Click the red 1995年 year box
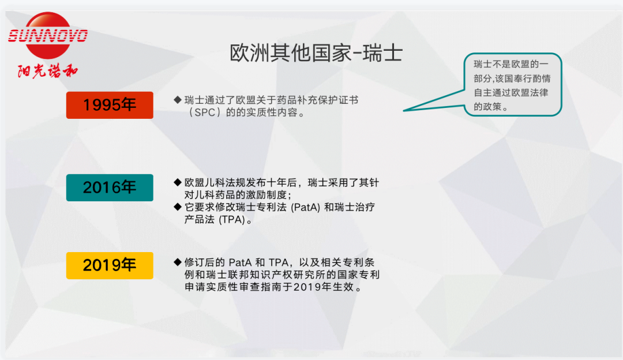(x=110, y=106)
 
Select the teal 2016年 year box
(x=110, y=187)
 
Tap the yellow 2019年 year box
(x=110, y=265)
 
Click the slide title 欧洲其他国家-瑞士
(x=316, y=53)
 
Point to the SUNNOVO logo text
(x=48, y=36)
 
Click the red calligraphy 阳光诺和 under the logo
(x=48, y=71)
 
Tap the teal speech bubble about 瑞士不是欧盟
(x=513, y=85)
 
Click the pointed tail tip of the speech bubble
(x=404, y=110)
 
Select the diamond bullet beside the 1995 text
(x=178, y=100)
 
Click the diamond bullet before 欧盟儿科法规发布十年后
(x=178, y=182)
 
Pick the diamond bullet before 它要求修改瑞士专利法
(x=178, y=207)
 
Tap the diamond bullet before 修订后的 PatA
(x=178, y=262)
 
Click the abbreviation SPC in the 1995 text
(x=205, y=112)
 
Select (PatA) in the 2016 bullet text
(x=306, y=208)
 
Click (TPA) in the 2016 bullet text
(x=232, y=220)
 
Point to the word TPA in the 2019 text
(x=279, y=262)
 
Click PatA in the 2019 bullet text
(x=240, y=262)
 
